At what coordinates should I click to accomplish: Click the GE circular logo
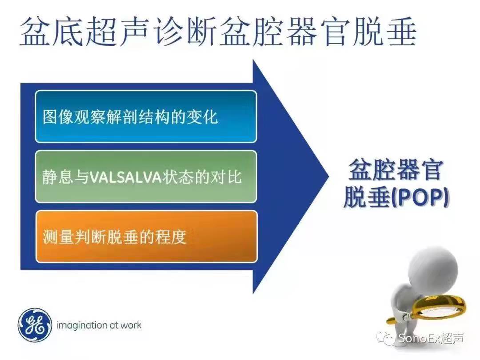coord(34,325)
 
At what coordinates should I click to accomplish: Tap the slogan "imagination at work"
coord(99,325)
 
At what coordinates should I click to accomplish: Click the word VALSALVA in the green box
coord(125,177)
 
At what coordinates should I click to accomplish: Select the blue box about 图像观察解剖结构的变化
coord(146,116)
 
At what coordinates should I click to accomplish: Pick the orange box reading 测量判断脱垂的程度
coord(146,236)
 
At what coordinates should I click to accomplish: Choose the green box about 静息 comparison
coord(146,176)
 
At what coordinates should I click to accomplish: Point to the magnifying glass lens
coord(439,308)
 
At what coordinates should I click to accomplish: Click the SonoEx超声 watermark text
coord(431,338)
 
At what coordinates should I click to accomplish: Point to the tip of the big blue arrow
coord(328,176)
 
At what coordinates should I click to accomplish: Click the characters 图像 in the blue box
coord(58,116)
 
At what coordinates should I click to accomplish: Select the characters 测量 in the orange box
coord(58,236)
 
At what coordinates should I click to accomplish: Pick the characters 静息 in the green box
coord(58,177)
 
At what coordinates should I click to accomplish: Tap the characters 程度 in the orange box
coord(171,236)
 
